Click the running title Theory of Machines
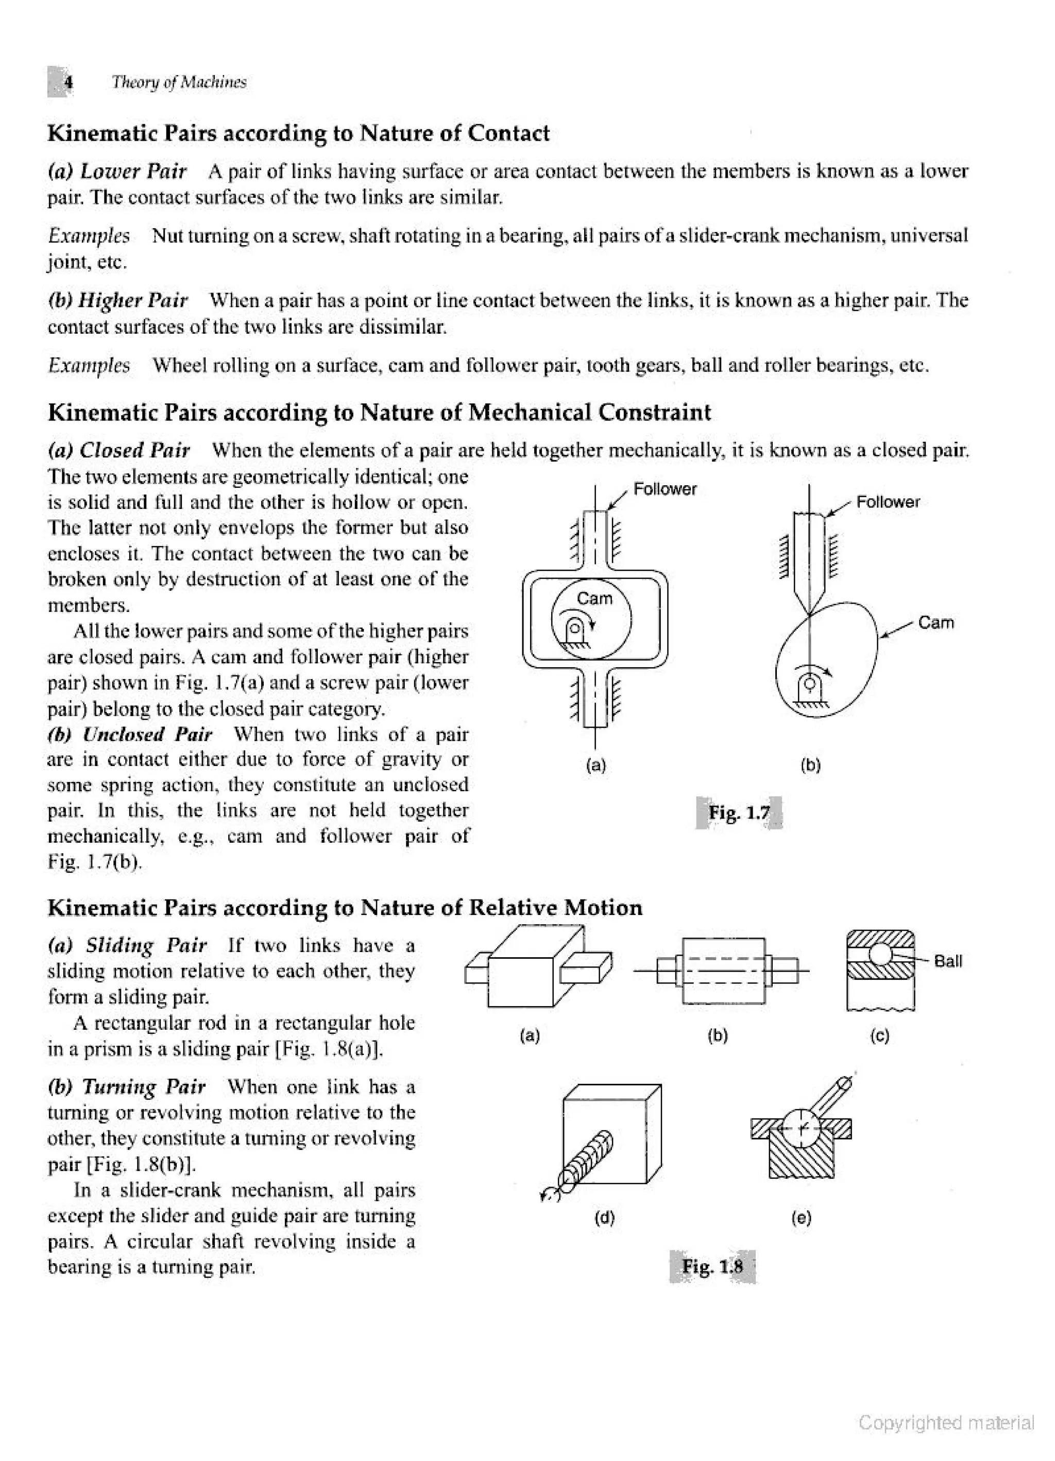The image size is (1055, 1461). (x=178, y=82)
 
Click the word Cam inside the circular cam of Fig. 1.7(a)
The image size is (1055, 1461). (x=594, y=599)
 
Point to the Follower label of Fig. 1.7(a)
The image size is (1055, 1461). (x=665, y=489)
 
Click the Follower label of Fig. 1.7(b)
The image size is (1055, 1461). (x=888, y=502)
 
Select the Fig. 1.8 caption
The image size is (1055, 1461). (x=712, y=1267)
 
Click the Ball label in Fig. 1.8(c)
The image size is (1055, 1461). (x=947, y=962)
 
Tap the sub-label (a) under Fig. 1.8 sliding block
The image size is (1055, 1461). (x=530, y=1036)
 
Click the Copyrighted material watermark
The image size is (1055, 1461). (x=946, y=1423)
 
